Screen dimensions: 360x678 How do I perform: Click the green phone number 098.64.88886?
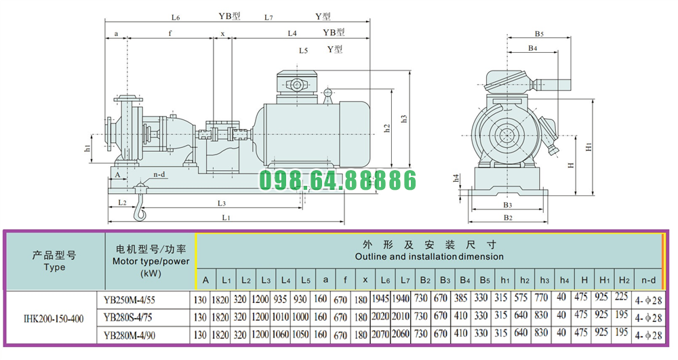pos(338,180)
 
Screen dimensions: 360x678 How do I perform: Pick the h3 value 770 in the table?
pos(542,299)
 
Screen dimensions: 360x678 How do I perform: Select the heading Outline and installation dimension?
pos(429,257)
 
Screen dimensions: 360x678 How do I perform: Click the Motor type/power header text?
pos(150,260)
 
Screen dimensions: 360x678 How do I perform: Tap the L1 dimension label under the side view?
pos(227,217)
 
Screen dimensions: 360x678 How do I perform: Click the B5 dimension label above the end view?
pos(539,33)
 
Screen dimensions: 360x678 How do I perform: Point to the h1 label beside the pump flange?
pos(87,147)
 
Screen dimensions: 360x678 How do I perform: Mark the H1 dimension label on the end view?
pos(589,146)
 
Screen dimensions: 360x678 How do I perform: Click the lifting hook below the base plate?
pos(140,212)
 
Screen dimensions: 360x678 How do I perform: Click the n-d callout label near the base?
pos(160,174)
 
